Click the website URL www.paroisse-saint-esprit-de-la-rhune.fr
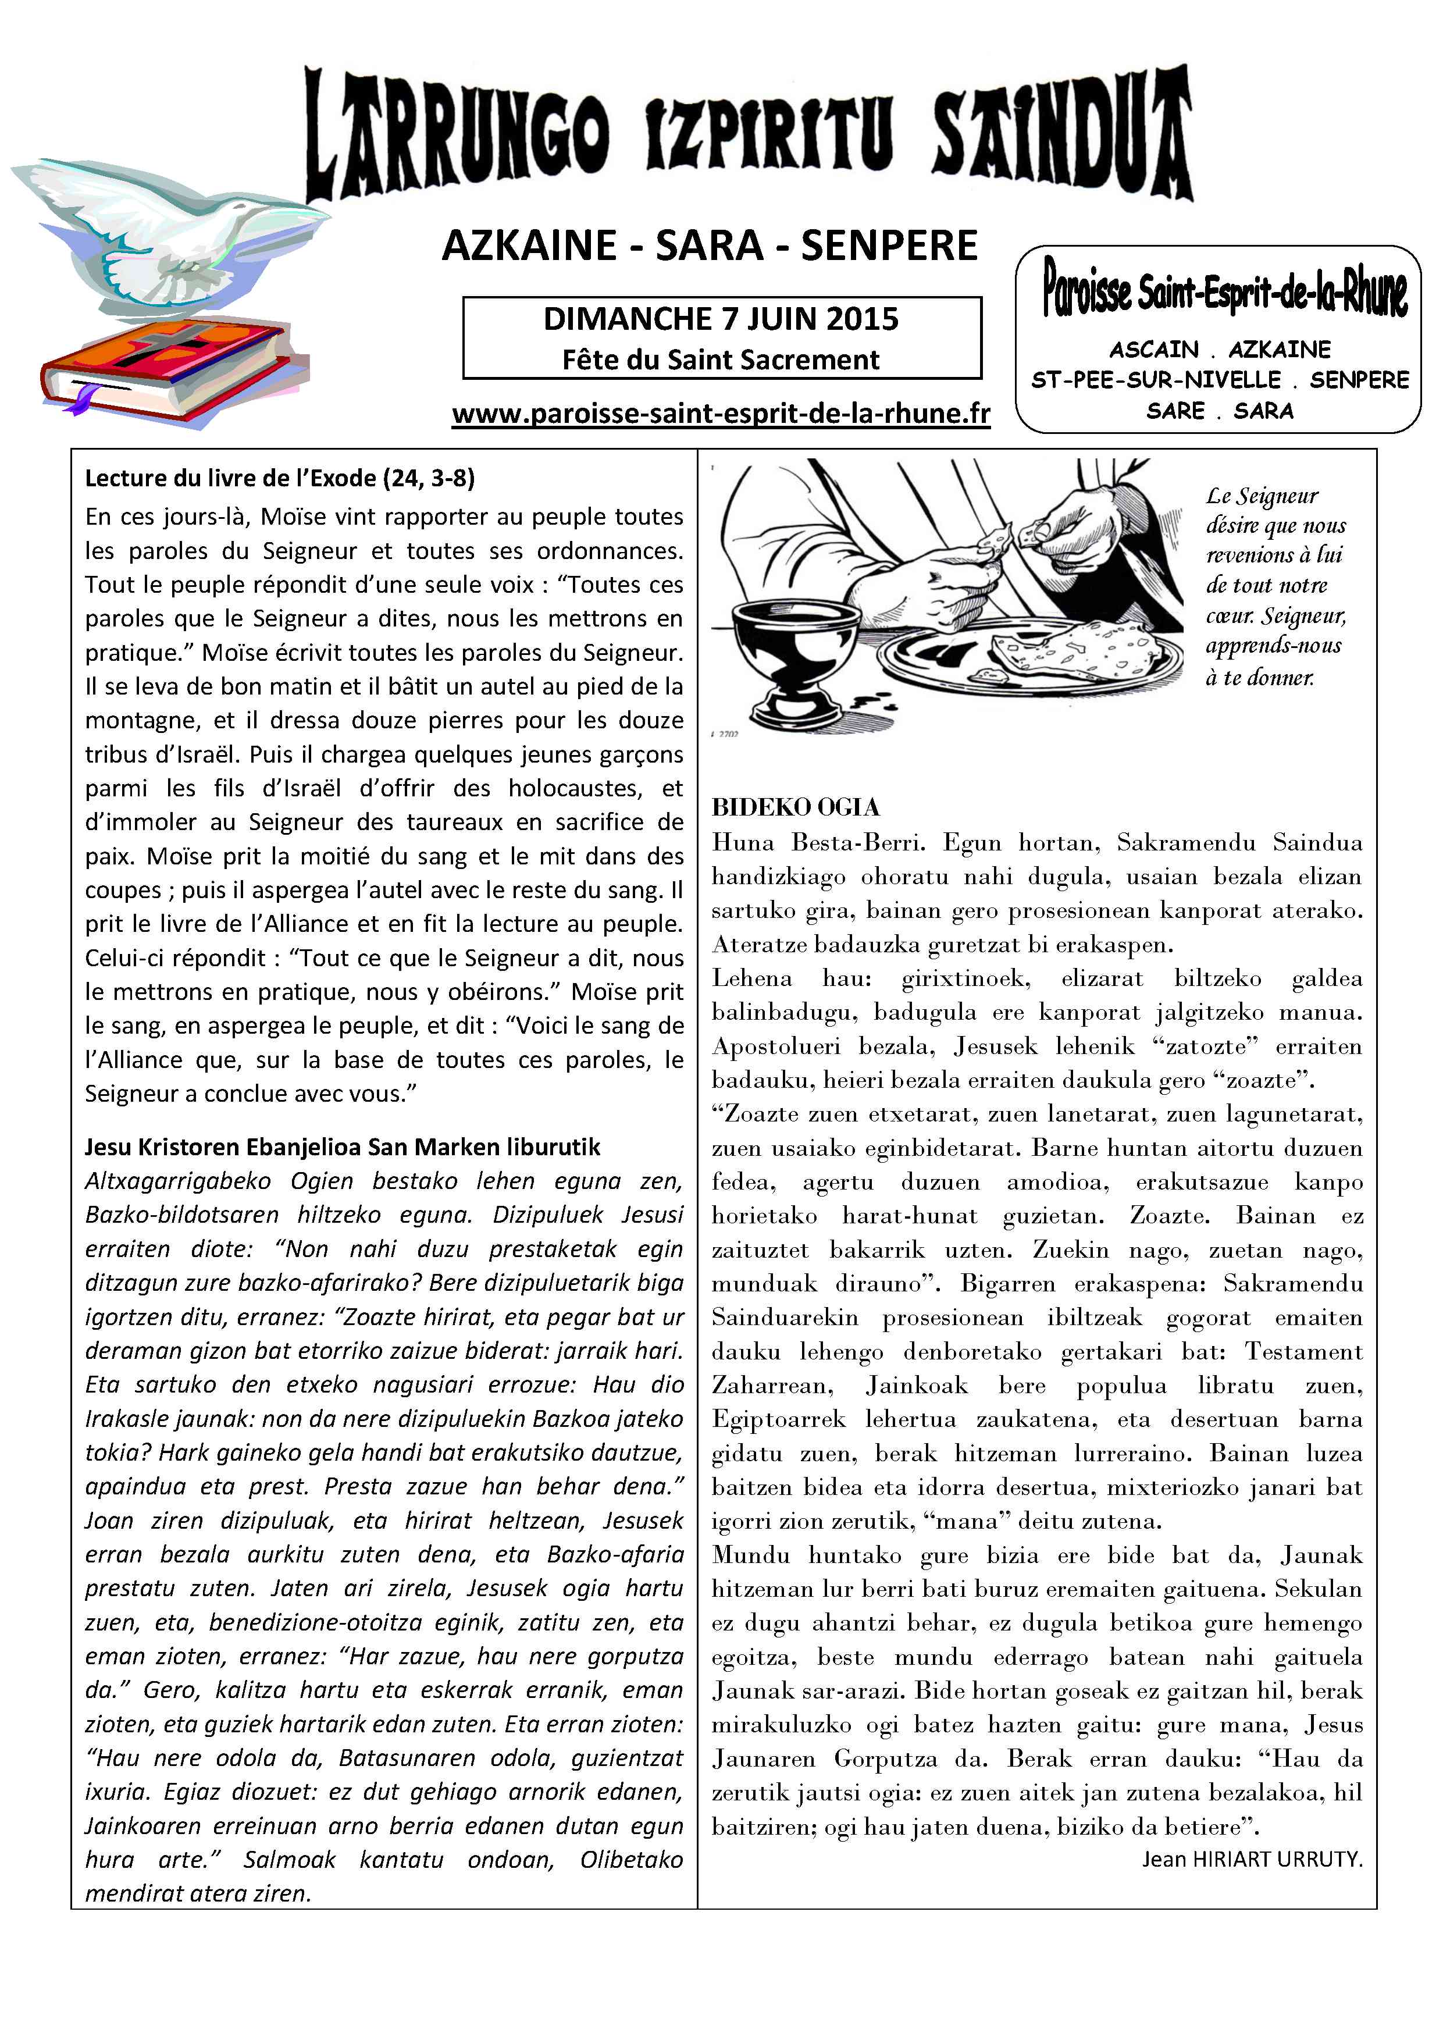pos(721,414)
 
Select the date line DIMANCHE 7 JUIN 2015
pos(721,319)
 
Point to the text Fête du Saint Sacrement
pos(721,360)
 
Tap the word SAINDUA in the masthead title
pos(1062,133)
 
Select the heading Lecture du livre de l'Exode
pos(280,479)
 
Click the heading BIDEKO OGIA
pos(795,807)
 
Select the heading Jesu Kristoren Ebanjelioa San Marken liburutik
pos(342,1147)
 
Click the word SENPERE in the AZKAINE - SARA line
pos(889,246)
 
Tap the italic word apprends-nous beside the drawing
pos(1273,645)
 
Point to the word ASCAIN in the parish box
pos(1153,349)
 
